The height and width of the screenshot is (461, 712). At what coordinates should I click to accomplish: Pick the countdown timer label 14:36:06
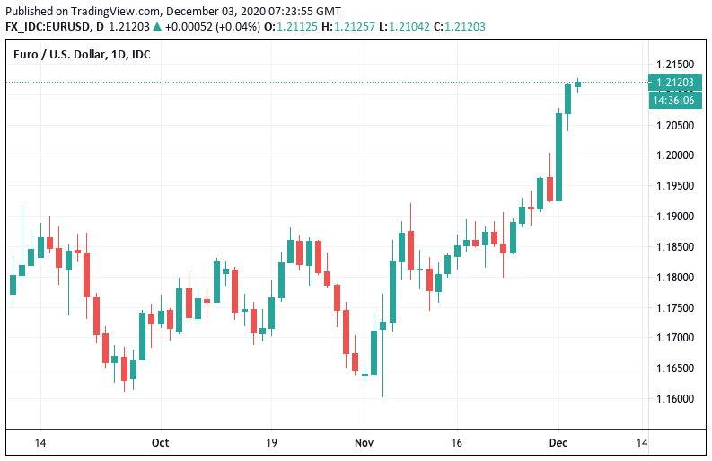(x=676, y=100)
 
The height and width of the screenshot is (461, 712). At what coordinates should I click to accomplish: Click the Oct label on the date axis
(x=161, y=443)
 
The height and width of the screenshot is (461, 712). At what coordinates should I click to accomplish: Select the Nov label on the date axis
(x=364, y=443)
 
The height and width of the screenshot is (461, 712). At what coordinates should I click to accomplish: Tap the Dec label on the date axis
(x=558, y=443)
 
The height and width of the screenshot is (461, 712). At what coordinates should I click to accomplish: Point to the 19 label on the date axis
(x=271, y=443)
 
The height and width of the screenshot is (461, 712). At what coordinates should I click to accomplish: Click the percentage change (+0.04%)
(x=233, y=27)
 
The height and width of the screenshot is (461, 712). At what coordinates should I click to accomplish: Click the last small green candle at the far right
(x=577, y=84)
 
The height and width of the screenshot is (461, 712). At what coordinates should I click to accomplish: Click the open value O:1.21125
(x=297, y=27)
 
